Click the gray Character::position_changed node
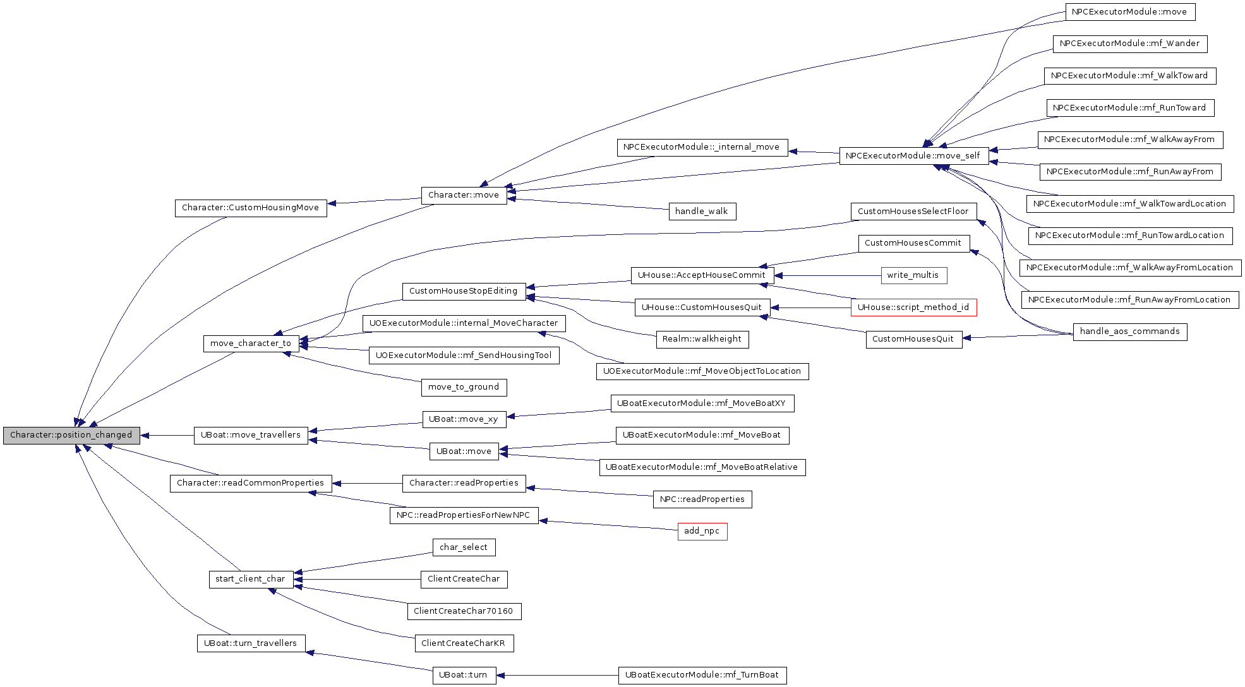71,435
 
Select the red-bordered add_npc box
702,531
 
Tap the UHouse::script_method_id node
913,308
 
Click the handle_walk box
702,212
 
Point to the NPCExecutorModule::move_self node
913,156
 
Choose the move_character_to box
251,343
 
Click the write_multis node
913,275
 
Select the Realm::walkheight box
702,339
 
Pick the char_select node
464,547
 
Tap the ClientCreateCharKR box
464,643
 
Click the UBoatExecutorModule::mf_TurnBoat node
702,675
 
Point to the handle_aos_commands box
1129,332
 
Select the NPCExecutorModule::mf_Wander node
1129,44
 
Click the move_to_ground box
464,387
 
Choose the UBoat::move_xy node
464,419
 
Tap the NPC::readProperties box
702,499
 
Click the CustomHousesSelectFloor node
913,212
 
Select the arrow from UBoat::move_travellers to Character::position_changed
167,435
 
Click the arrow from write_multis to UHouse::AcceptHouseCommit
827,275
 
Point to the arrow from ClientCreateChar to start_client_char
357,579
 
